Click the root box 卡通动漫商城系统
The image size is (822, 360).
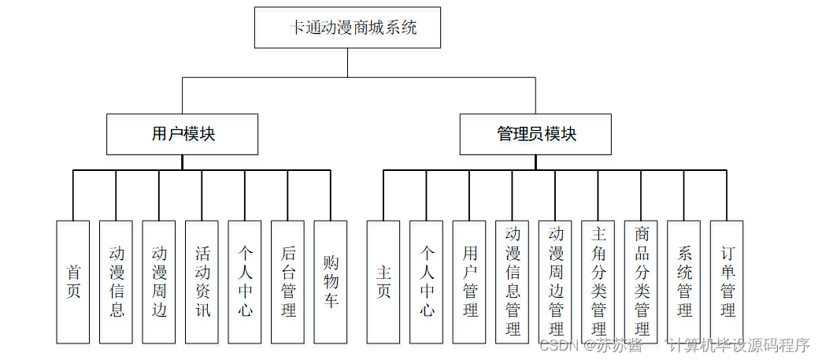[347, 28]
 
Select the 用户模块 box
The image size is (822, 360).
[183, 135]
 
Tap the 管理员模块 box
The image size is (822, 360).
[535, 135]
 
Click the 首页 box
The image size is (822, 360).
[73, 282]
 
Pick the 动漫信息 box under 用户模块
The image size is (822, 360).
[116, 282]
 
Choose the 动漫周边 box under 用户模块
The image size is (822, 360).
[159, 282]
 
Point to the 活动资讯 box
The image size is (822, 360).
[202, 282]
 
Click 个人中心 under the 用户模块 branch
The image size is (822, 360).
[245, 282]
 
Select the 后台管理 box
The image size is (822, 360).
[288, 282]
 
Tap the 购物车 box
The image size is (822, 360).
[331, 282]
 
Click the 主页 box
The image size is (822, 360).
[383, 282]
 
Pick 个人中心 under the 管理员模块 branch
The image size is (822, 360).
[426, 282]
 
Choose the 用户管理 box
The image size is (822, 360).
[469, 282]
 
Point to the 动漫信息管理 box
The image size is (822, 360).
[513, 282]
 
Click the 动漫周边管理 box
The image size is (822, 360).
[555, 282]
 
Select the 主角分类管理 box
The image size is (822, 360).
[598, 282]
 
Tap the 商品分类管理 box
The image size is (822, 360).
[641, 282]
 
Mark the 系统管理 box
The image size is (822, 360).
[684, 282]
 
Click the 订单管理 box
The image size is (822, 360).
[727, 282]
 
